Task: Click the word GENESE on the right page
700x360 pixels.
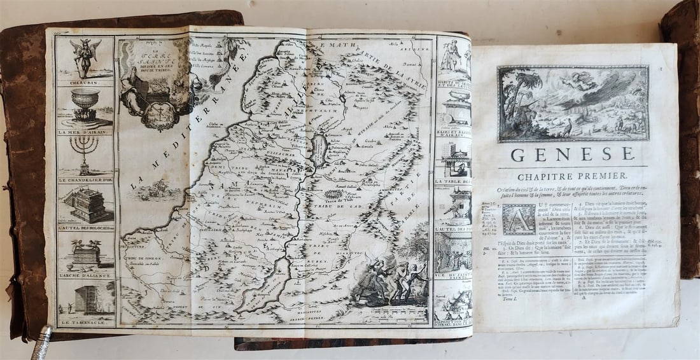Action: point(573,155)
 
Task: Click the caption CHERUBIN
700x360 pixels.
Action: point(85,82)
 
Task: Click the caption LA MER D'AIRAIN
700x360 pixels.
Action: point(85,132)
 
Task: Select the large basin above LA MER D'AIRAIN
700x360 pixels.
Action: point(85,106)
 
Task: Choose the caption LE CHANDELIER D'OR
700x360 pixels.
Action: point(85,180)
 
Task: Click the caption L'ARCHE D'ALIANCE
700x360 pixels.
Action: point(85,275)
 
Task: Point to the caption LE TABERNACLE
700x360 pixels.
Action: point(85,324)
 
